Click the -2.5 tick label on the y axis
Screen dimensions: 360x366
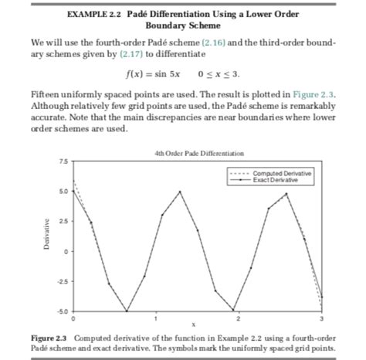pyautogui.click(x=62, y=280)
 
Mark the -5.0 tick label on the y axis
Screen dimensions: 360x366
pyautogui.click(x=62, y=311)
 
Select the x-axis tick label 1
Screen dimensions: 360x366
pyautogui.click(x=155, y=318)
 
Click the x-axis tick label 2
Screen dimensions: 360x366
pyautogui.click(x=238, y=318)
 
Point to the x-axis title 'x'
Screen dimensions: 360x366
pyautogui.click(x=194, y=324)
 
